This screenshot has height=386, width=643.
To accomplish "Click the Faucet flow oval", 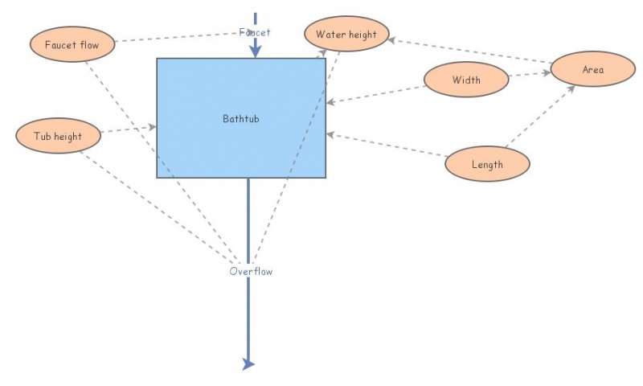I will click(x=72, y=44).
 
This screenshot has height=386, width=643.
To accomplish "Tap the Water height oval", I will click(x=346, y=35).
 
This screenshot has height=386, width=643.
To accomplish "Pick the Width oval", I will click(x=466, y=80).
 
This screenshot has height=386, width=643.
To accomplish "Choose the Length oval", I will click(x=488, y=164).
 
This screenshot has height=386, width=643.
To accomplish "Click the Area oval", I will click(x=593, y=70).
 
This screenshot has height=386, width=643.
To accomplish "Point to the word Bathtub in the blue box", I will click(x=241, y=119).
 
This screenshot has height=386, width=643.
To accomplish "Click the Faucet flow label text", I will click(x=72, y=44).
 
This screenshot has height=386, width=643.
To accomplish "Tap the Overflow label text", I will click(x=251, y=272).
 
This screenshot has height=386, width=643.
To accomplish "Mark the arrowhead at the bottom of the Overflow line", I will click(x=248, y=364).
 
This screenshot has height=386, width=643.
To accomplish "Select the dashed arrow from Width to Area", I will click(x=530, y=75).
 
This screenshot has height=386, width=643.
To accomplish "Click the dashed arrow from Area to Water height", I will click(x=470, y=49).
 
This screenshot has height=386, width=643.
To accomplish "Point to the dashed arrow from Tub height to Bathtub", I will click(x=129, y=130).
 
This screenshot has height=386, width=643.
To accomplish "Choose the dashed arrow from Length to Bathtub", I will click(x=386, y=146).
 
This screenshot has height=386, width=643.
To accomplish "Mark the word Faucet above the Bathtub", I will click(x=255, y=32).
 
